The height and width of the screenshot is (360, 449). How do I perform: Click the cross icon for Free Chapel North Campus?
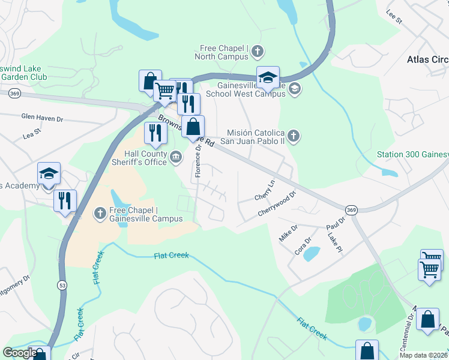pos(257,50)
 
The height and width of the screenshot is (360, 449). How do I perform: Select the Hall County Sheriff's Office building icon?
pos(176,157)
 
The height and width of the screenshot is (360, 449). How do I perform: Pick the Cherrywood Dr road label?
pos(277,204)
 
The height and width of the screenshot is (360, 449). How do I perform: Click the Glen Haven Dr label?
pos(42,118)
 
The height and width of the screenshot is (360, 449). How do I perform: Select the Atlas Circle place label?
pos(427,59)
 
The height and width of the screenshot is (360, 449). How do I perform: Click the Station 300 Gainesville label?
pos(412,154)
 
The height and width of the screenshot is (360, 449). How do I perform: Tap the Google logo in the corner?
pos(20,353)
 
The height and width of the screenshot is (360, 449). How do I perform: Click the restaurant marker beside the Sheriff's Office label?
pos(155,133)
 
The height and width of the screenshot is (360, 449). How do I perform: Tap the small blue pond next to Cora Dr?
pos(312,254)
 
